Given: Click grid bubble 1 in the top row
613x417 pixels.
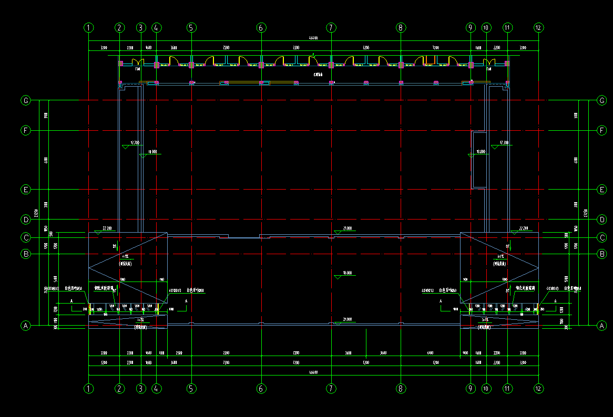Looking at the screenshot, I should point(89,27).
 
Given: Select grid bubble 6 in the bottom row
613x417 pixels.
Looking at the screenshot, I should point(261,389).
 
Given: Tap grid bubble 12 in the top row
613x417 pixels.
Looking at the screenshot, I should point(538,27).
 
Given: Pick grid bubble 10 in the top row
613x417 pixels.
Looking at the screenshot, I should point(486,27).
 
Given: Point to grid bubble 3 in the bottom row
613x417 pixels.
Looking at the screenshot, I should point(140,389).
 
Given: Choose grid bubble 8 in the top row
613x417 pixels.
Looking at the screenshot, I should point(401,27).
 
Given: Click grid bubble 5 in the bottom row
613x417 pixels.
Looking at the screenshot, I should point(191,389).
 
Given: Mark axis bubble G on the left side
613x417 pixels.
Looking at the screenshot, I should point(25,100).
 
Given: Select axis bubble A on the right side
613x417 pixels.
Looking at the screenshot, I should point(602,326).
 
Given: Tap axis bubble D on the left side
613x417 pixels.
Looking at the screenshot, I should point(25,219).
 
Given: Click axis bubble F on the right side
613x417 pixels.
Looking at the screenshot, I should point(602,130).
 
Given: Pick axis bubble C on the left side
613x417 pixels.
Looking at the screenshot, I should point(25,237).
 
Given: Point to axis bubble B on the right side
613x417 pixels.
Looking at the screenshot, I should point(602,254).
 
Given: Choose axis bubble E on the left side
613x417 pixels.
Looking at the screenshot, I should point(25,190).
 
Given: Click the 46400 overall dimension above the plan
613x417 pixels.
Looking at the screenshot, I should point(313,38).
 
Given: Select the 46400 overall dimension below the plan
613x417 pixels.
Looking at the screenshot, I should point(313,372).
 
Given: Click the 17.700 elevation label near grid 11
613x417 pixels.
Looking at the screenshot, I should point(504,142).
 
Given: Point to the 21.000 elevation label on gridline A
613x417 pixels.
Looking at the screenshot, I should point(347,319).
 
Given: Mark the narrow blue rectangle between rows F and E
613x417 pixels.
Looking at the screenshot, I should point(479,160).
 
